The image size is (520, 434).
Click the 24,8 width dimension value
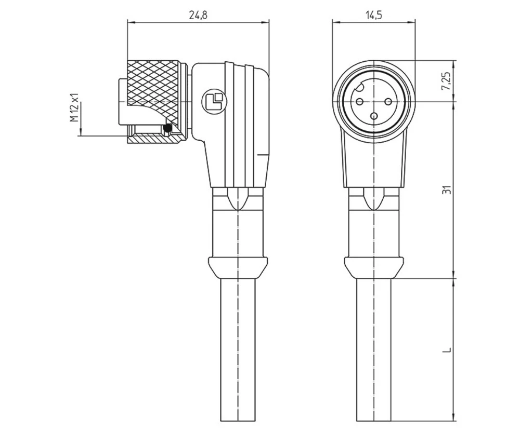(x=198, y=15)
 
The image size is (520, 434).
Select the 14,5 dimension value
(x=374, y=15)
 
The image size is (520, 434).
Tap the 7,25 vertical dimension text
(x=446, y=81)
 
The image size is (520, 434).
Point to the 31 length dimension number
(x=446, y=189)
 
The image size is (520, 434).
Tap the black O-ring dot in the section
(x=167, y=129)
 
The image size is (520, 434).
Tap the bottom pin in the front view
(x=374, y=116)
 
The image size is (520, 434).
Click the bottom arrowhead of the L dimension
(x=456, y=417)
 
